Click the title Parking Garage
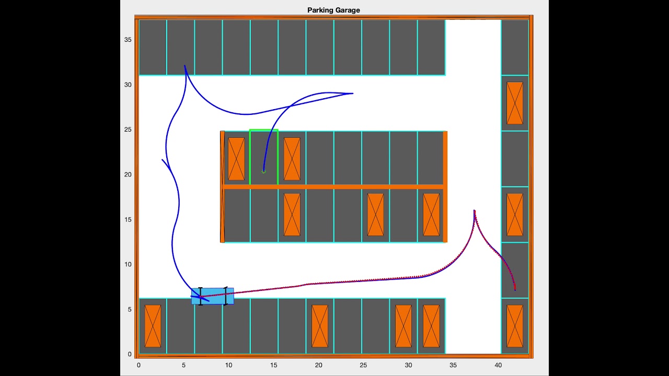(333, 10)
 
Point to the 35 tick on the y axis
(128, 40)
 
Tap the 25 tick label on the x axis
(363, 365)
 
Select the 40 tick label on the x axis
(498, 365)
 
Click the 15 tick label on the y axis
(128, 219)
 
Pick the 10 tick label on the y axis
(128, 264)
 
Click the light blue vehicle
(213, 296)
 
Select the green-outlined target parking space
(263, 157)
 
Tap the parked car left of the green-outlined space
(236, 159)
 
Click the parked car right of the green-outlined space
(292, 159)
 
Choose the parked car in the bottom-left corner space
(153, 326)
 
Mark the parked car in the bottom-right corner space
(514, 326)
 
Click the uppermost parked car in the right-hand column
(514, 103)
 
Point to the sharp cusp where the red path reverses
(474, 210)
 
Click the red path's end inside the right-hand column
(515, 289)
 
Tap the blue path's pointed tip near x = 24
(353, 93)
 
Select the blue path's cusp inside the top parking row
(184, 66)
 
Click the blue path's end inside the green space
(263, 171)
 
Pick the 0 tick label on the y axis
(130, 354)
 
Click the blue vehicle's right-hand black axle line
(226, 296)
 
